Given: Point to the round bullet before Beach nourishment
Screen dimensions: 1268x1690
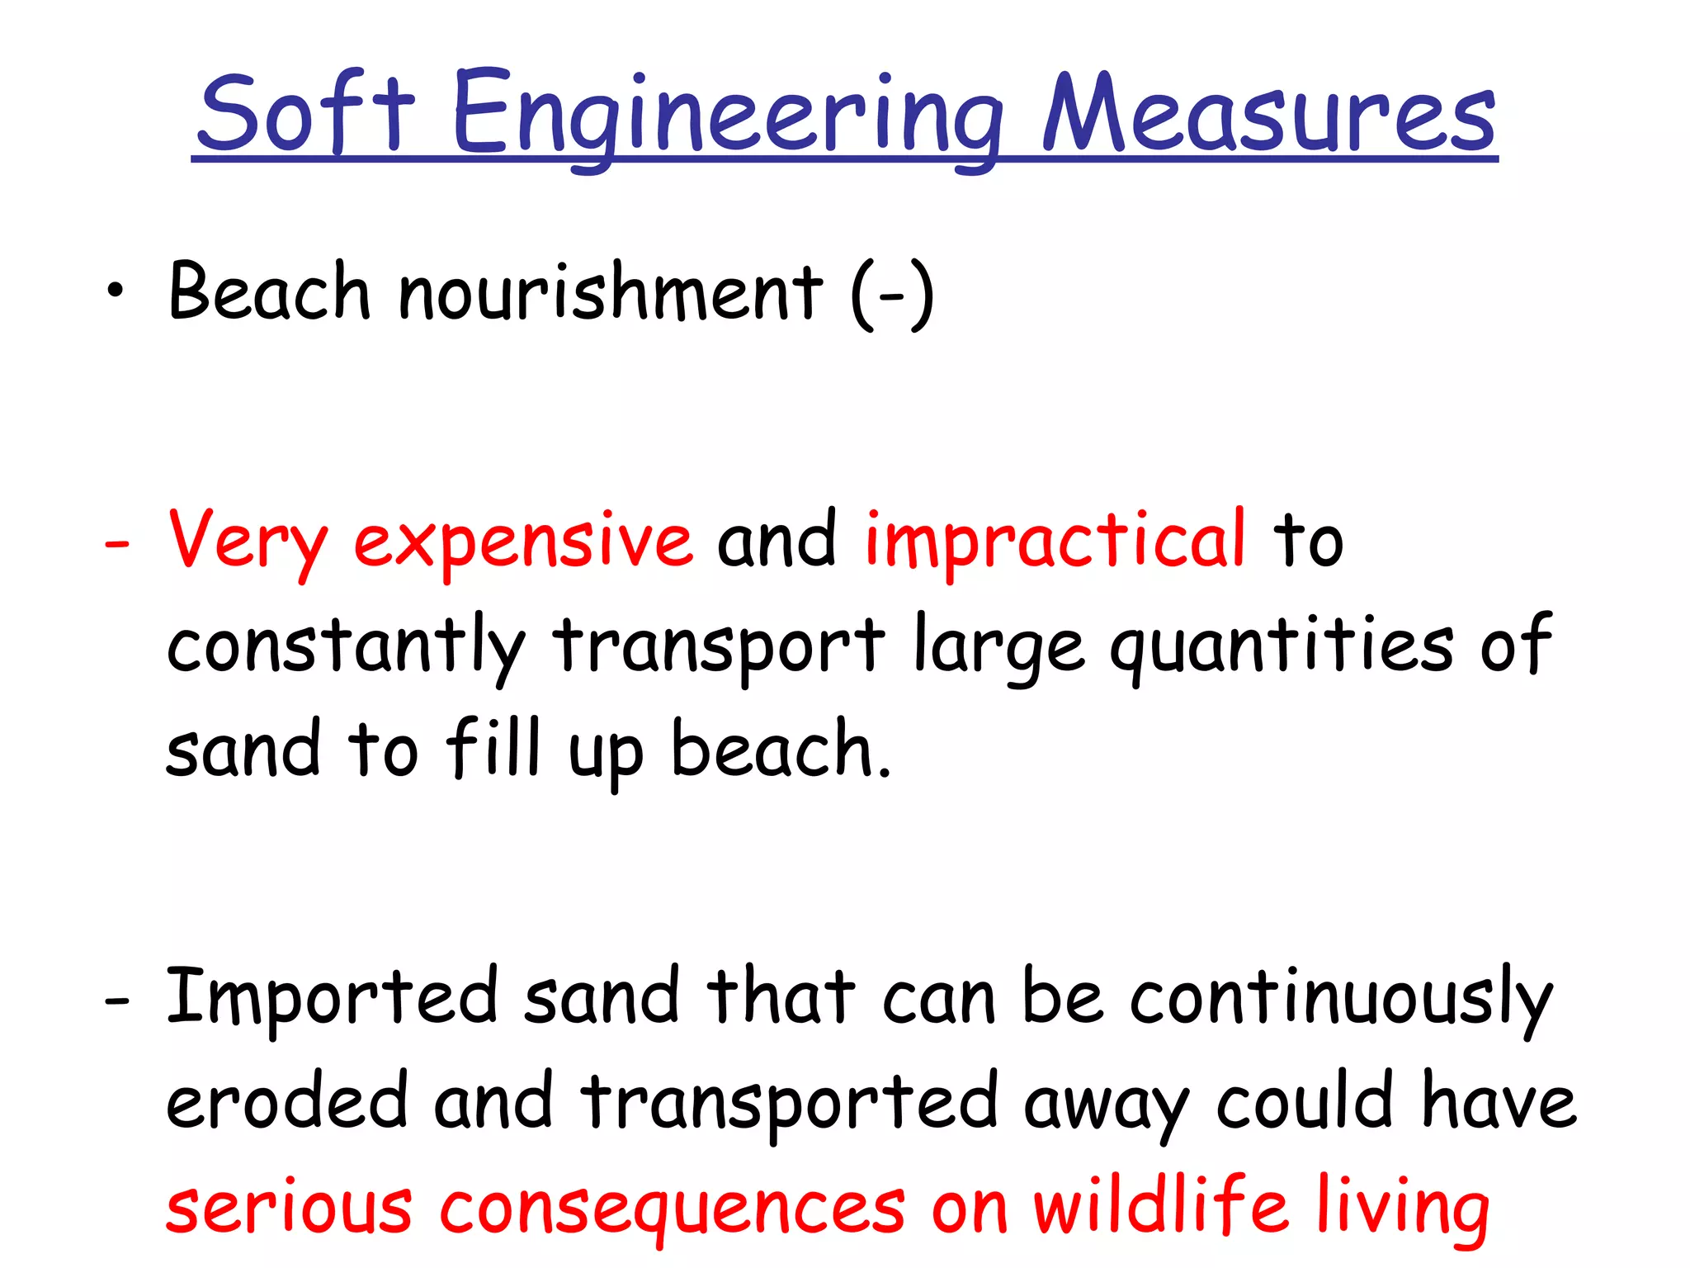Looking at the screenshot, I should tap(116, 291).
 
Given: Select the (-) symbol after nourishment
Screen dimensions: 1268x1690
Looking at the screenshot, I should tap(892, 294).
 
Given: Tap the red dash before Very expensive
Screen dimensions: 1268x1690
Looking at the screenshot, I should tap(117, 546).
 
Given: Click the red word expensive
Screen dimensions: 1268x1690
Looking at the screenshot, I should tap(523, 542).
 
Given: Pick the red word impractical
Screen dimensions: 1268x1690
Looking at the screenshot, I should tap(1055, 542).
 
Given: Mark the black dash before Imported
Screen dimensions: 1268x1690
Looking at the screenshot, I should tap(117, 1001).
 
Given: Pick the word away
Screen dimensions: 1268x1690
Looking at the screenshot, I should tap(1106, 1106).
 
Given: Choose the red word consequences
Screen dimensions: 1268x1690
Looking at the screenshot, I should tap(673, 1209).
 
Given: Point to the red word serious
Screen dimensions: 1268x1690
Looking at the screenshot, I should tap(289, 1209).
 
